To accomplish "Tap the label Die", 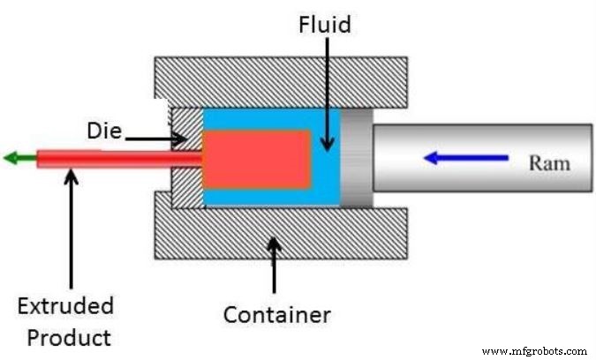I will (x=104, y=132).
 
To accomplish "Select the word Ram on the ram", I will (x=549, y=162).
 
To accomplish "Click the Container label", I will (x=276, y=314).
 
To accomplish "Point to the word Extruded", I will (x=65, y=307).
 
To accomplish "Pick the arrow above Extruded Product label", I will (x=71, y=229).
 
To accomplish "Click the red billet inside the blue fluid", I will (x=257, y=159).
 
